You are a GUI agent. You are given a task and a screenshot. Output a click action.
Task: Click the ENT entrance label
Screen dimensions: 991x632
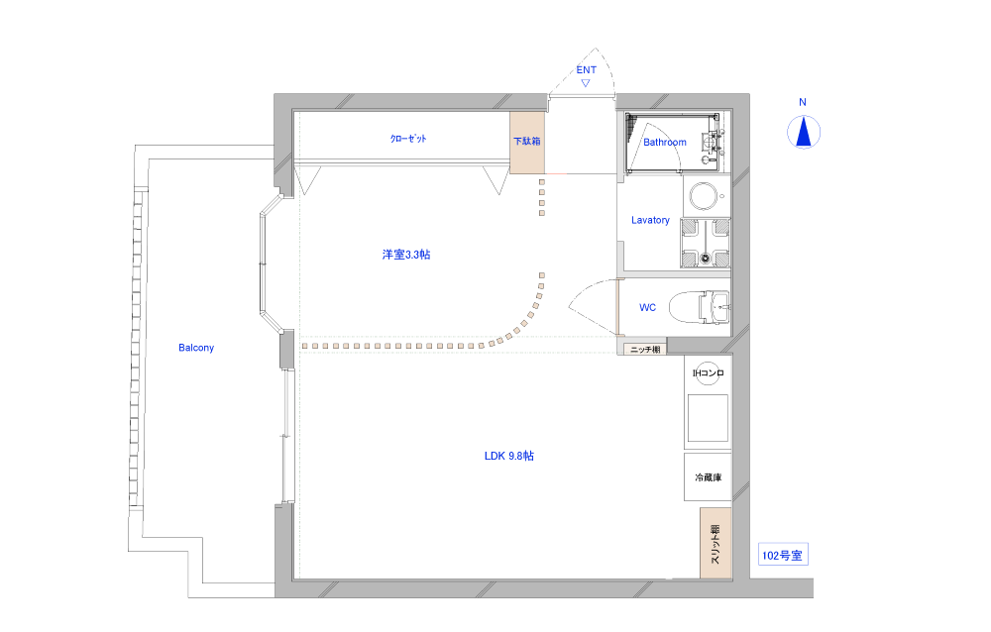586,70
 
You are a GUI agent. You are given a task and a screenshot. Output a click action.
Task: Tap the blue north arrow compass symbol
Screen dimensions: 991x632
804,133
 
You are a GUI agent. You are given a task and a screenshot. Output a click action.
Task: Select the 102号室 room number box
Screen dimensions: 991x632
783,555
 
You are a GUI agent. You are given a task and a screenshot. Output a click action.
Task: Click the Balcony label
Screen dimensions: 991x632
196,348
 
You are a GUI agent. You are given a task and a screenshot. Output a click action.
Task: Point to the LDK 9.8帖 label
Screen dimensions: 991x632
508,456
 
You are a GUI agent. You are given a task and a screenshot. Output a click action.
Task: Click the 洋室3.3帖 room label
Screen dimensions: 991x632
406,255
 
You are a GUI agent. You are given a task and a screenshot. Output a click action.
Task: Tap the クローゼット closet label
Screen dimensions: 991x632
408,139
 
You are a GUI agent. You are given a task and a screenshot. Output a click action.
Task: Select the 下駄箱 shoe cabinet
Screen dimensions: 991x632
527,143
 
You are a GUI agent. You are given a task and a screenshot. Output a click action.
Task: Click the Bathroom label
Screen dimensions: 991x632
665,143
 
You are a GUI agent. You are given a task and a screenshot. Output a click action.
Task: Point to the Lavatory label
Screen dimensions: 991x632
650,220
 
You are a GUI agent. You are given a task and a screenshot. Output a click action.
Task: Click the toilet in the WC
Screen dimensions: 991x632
699,307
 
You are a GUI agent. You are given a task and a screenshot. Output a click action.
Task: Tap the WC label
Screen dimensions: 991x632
647,308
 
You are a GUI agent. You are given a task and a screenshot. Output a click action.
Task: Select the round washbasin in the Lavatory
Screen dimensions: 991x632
703,196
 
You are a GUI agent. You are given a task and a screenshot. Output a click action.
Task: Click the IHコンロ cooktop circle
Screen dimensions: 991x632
708,373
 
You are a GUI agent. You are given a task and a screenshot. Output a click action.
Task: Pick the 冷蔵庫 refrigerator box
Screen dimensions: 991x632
708,477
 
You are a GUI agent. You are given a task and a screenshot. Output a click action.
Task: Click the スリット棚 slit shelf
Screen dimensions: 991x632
716,543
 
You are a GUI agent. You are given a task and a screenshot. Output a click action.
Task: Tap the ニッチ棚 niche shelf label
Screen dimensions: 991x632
645,350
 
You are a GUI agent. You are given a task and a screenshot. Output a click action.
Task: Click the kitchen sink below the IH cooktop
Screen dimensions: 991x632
708,418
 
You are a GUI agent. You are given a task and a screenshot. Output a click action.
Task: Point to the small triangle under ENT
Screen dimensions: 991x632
586,83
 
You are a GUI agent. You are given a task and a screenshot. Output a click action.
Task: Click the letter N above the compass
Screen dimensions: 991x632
803,102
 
